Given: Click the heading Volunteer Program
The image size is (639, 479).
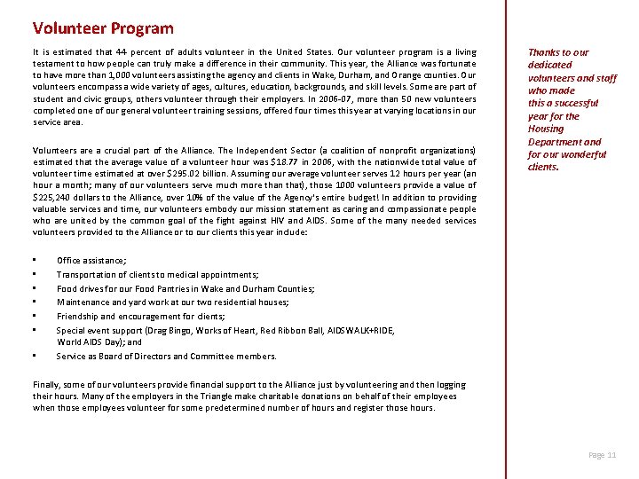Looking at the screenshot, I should tap(103, 29).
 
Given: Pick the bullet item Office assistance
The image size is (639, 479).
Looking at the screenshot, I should tap(91, 260).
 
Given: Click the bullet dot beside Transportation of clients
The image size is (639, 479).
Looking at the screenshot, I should tap(35, 274).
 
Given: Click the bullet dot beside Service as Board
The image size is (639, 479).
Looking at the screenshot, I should tap(35, 356).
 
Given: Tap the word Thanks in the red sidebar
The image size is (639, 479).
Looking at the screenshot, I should tap(544, 52).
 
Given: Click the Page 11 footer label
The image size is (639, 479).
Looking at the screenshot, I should tap(603, 455).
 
